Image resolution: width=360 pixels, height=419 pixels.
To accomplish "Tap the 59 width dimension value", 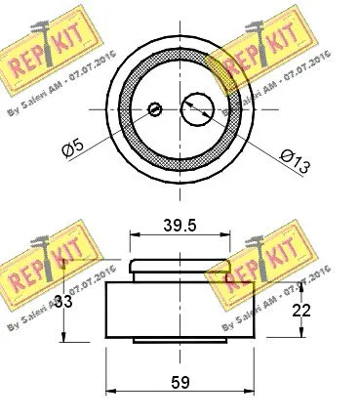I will [180, 381].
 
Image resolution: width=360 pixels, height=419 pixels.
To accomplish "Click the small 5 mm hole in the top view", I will [155, 108].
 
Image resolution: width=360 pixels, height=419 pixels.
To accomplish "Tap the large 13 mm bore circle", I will [196, 108].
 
